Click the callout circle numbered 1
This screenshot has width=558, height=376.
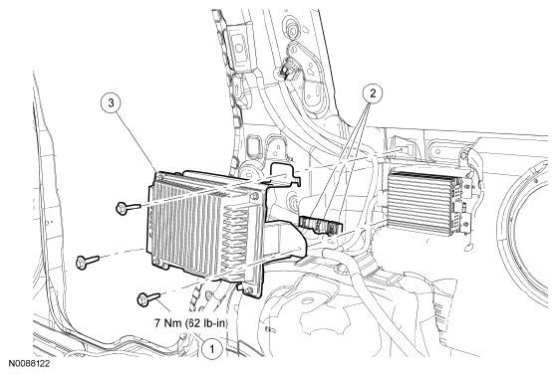tap(211, 349)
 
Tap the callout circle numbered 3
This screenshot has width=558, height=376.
tap(111, 103)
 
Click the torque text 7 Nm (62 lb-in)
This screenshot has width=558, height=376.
tap(191, 323)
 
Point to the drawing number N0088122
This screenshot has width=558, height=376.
tap(30, 363)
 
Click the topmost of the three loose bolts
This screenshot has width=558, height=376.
tap(128, 207)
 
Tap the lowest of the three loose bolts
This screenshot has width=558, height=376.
tap(148, 297)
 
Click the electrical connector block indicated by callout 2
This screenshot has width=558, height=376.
tap(321, 225)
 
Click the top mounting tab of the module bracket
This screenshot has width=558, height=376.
tap(284, 173)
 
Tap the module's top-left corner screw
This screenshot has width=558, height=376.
tap(158, 175)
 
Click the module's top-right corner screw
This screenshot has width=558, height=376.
tap(254, 196)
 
